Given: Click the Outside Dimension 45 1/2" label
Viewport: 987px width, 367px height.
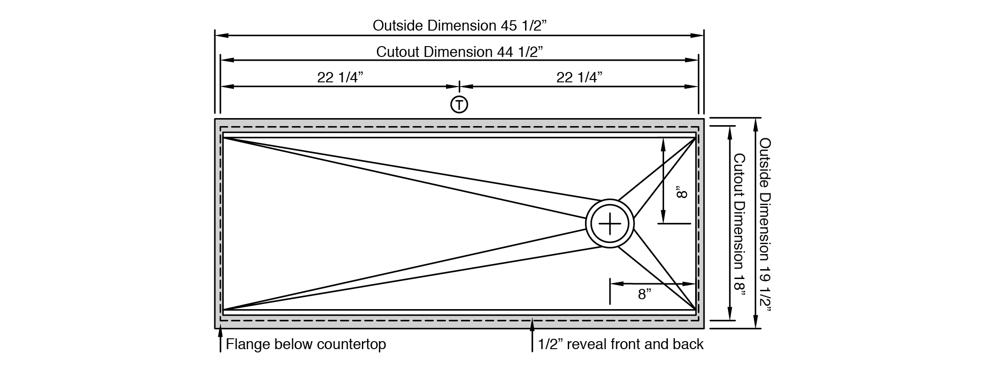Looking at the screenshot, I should pos(460,25).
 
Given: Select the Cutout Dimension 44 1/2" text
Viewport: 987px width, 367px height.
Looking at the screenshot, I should pos(460,52).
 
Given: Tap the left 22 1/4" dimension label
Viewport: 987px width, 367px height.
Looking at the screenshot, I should pos(340,77).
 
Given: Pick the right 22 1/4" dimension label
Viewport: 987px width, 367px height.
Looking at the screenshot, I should pos(579,77).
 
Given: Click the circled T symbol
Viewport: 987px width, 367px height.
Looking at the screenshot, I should pos(459,104).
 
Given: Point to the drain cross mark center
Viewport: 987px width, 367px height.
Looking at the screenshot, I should pos(610,223).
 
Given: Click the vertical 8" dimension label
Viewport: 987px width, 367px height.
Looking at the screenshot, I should pos(682,193).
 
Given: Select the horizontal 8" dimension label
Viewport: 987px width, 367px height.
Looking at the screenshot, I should pos(644,295).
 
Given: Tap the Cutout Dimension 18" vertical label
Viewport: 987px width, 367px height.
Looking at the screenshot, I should pos(739,225).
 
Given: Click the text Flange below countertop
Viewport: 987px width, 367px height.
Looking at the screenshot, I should pos(306,344).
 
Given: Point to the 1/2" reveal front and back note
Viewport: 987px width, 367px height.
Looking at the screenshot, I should pos(620,344).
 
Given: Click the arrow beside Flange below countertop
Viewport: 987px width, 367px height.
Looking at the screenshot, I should pos(220,340).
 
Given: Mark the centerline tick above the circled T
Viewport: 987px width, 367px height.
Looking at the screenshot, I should pos(459,87).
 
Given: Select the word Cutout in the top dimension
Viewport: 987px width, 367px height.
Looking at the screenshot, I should pos(398,52).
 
